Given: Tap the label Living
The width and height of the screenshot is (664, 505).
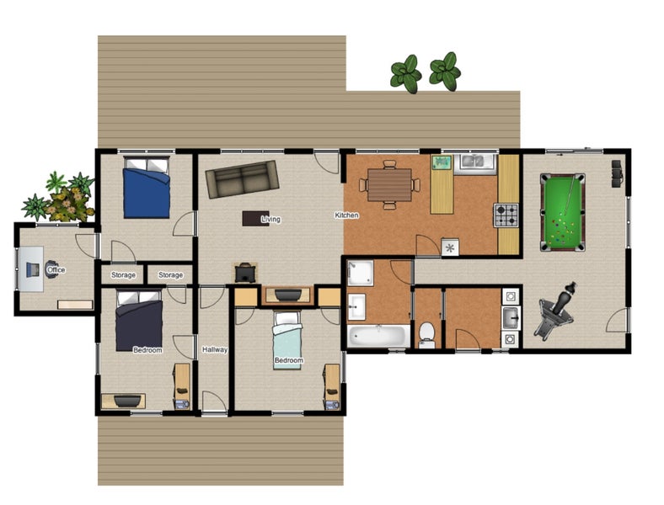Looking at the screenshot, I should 270,220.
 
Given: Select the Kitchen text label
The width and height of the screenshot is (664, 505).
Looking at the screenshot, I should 347,215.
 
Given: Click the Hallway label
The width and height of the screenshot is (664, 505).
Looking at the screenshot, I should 215,349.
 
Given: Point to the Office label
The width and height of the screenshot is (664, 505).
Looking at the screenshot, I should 56,270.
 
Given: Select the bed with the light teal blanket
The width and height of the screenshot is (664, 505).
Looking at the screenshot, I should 288,340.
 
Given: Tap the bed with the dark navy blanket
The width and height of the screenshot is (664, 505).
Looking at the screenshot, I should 139,321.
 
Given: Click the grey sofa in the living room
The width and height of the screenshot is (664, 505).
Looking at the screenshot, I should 243,178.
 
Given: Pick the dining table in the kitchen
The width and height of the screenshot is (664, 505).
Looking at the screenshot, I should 389,183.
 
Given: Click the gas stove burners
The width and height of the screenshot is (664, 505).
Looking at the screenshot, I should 506,216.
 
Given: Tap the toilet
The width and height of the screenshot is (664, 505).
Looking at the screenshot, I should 427,335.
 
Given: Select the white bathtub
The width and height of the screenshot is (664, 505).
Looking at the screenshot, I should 378,336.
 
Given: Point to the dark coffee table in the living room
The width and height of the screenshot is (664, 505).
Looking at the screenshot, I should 255,218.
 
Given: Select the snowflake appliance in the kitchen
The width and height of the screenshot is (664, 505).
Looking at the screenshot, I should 451,247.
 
